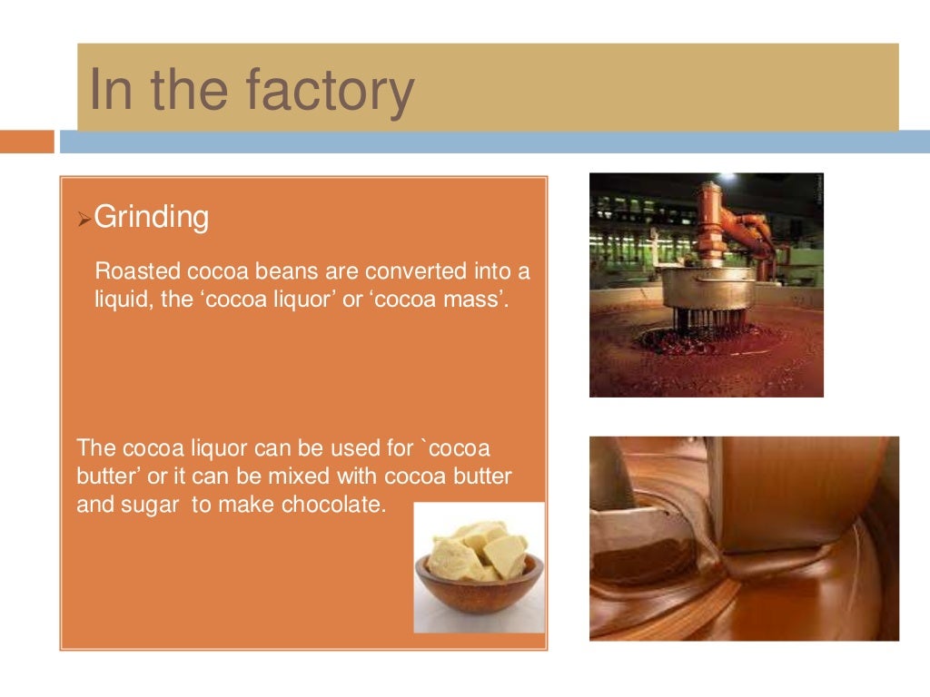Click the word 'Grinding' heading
pos(152,217)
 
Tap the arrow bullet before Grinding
pos(83,219)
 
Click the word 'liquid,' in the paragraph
pos(120,298)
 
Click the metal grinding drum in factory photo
pos(707,289)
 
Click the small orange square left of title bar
pos(26,142)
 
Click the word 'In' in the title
pos(112,92)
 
